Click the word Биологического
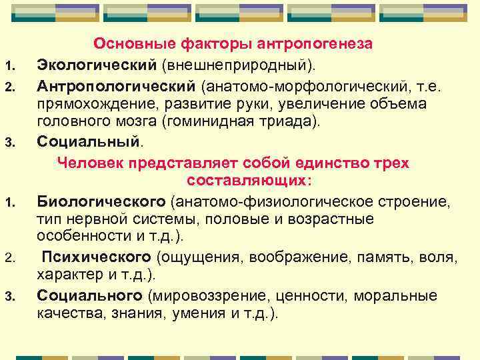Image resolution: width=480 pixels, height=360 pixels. [x=101, y=201]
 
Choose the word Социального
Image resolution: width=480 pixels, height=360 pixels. [x=90, y=295]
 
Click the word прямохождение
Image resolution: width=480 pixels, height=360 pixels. [x=90, y=105]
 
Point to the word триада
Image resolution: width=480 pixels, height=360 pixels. [x=284, y=123]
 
